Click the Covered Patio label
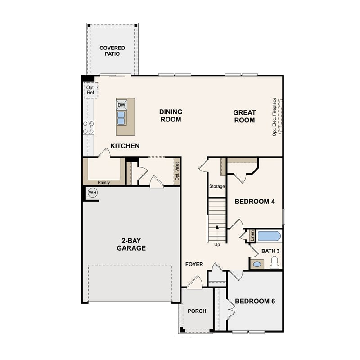112,51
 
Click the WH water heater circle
93,193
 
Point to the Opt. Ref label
90,90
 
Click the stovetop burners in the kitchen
88,127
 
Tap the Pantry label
104,182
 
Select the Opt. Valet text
177,171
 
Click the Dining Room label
170,116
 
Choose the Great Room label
244,117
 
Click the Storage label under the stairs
216,186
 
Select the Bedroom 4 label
255,202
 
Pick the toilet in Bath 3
274,264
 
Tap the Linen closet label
252,235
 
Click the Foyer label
194,264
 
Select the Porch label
197,311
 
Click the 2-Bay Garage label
131,244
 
